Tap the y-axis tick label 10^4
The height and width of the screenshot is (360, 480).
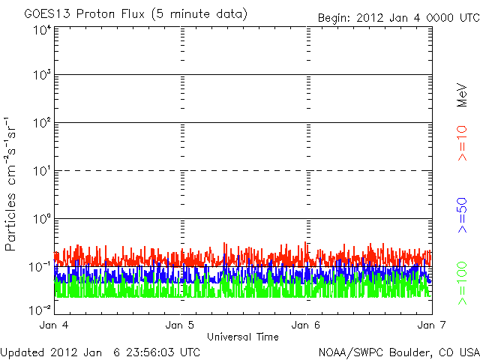tap(41, 30)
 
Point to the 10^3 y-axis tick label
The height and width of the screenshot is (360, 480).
tap(41, 75)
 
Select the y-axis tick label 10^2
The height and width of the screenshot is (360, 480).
tap(41, 123)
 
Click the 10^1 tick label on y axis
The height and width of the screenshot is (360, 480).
tap(41, 171)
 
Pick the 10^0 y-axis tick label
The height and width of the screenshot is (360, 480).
tap(41, 219)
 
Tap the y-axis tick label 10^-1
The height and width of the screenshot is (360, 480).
tap(40, 267)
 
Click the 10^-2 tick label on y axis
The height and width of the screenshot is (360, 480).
tap(40, 309)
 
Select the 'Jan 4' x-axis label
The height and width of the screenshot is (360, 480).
tap(55, 325)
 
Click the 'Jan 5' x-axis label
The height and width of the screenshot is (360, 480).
tap(181, 325)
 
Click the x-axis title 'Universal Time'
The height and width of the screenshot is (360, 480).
tap(243, 337)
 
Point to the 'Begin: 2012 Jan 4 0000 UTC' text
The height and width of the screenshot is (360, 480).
tap(397, 17)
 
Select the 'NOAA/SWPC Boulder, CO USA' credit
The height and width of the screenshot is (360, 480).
tap(398, 352)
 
